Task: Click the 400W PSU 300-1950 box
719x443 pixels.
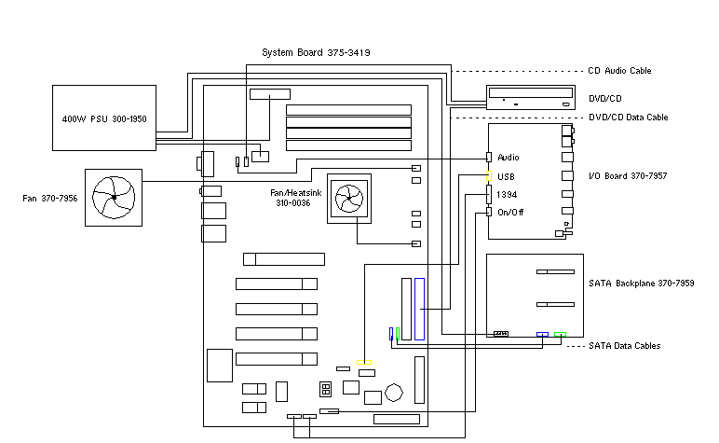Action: (x=103, y=118)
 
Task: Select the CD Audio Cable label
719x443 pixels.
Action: (x=619, y=71)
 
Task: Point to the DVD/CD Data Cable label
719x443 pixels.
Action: (x=628, y=118)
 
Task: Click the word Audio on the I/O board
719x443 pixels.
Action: (x=509, y=157)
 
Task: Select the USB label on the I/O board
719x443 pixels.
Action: (x=506, y=175)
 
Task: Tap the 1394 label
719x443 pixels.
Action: (x=508, y=194)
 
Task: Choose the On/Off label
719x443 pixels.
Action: (x=509, y=212)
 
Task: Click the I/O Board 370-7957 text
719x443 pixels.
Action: (x=628, y=175)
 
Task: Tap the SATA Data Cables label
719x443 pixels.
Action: (x=625, y=346)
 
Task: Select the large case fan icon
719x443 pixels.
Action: (x=114, y=197)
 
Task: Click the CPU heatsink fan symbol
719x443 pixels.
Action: (x=349, y=198)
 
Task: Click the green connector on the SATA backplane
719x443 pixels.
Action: (x=560, y=334)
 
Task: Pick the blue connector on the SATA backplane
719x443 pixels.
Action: (x=542, y=334)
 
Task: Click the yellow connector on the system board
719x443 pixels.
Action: (x=364, y=362)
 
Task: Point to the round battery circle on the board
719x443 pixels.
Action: (x=395, y=392)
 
